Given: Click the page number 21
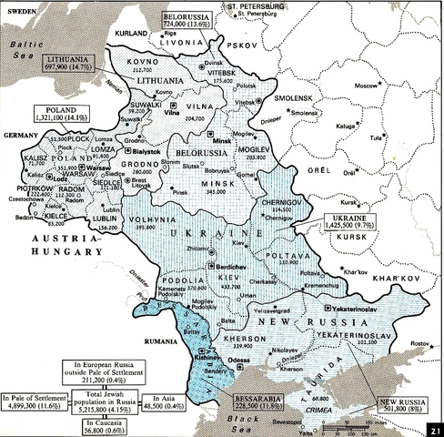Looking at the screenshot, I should point(436,429).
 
